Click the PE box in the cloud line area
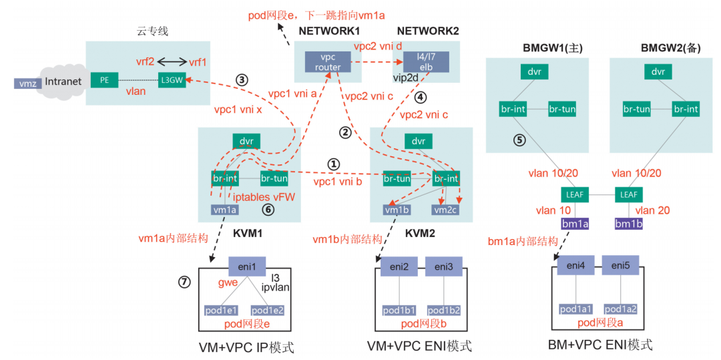click(104, 81)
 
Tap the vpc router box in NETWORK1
click(328, 62)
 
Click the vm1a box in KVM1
click(225, 209)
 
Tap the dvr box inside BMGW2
click(658, 72)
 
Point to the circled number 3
click(242, 79)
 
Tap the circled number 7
click(184, 282)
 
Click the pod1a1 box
click(575, 309)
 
